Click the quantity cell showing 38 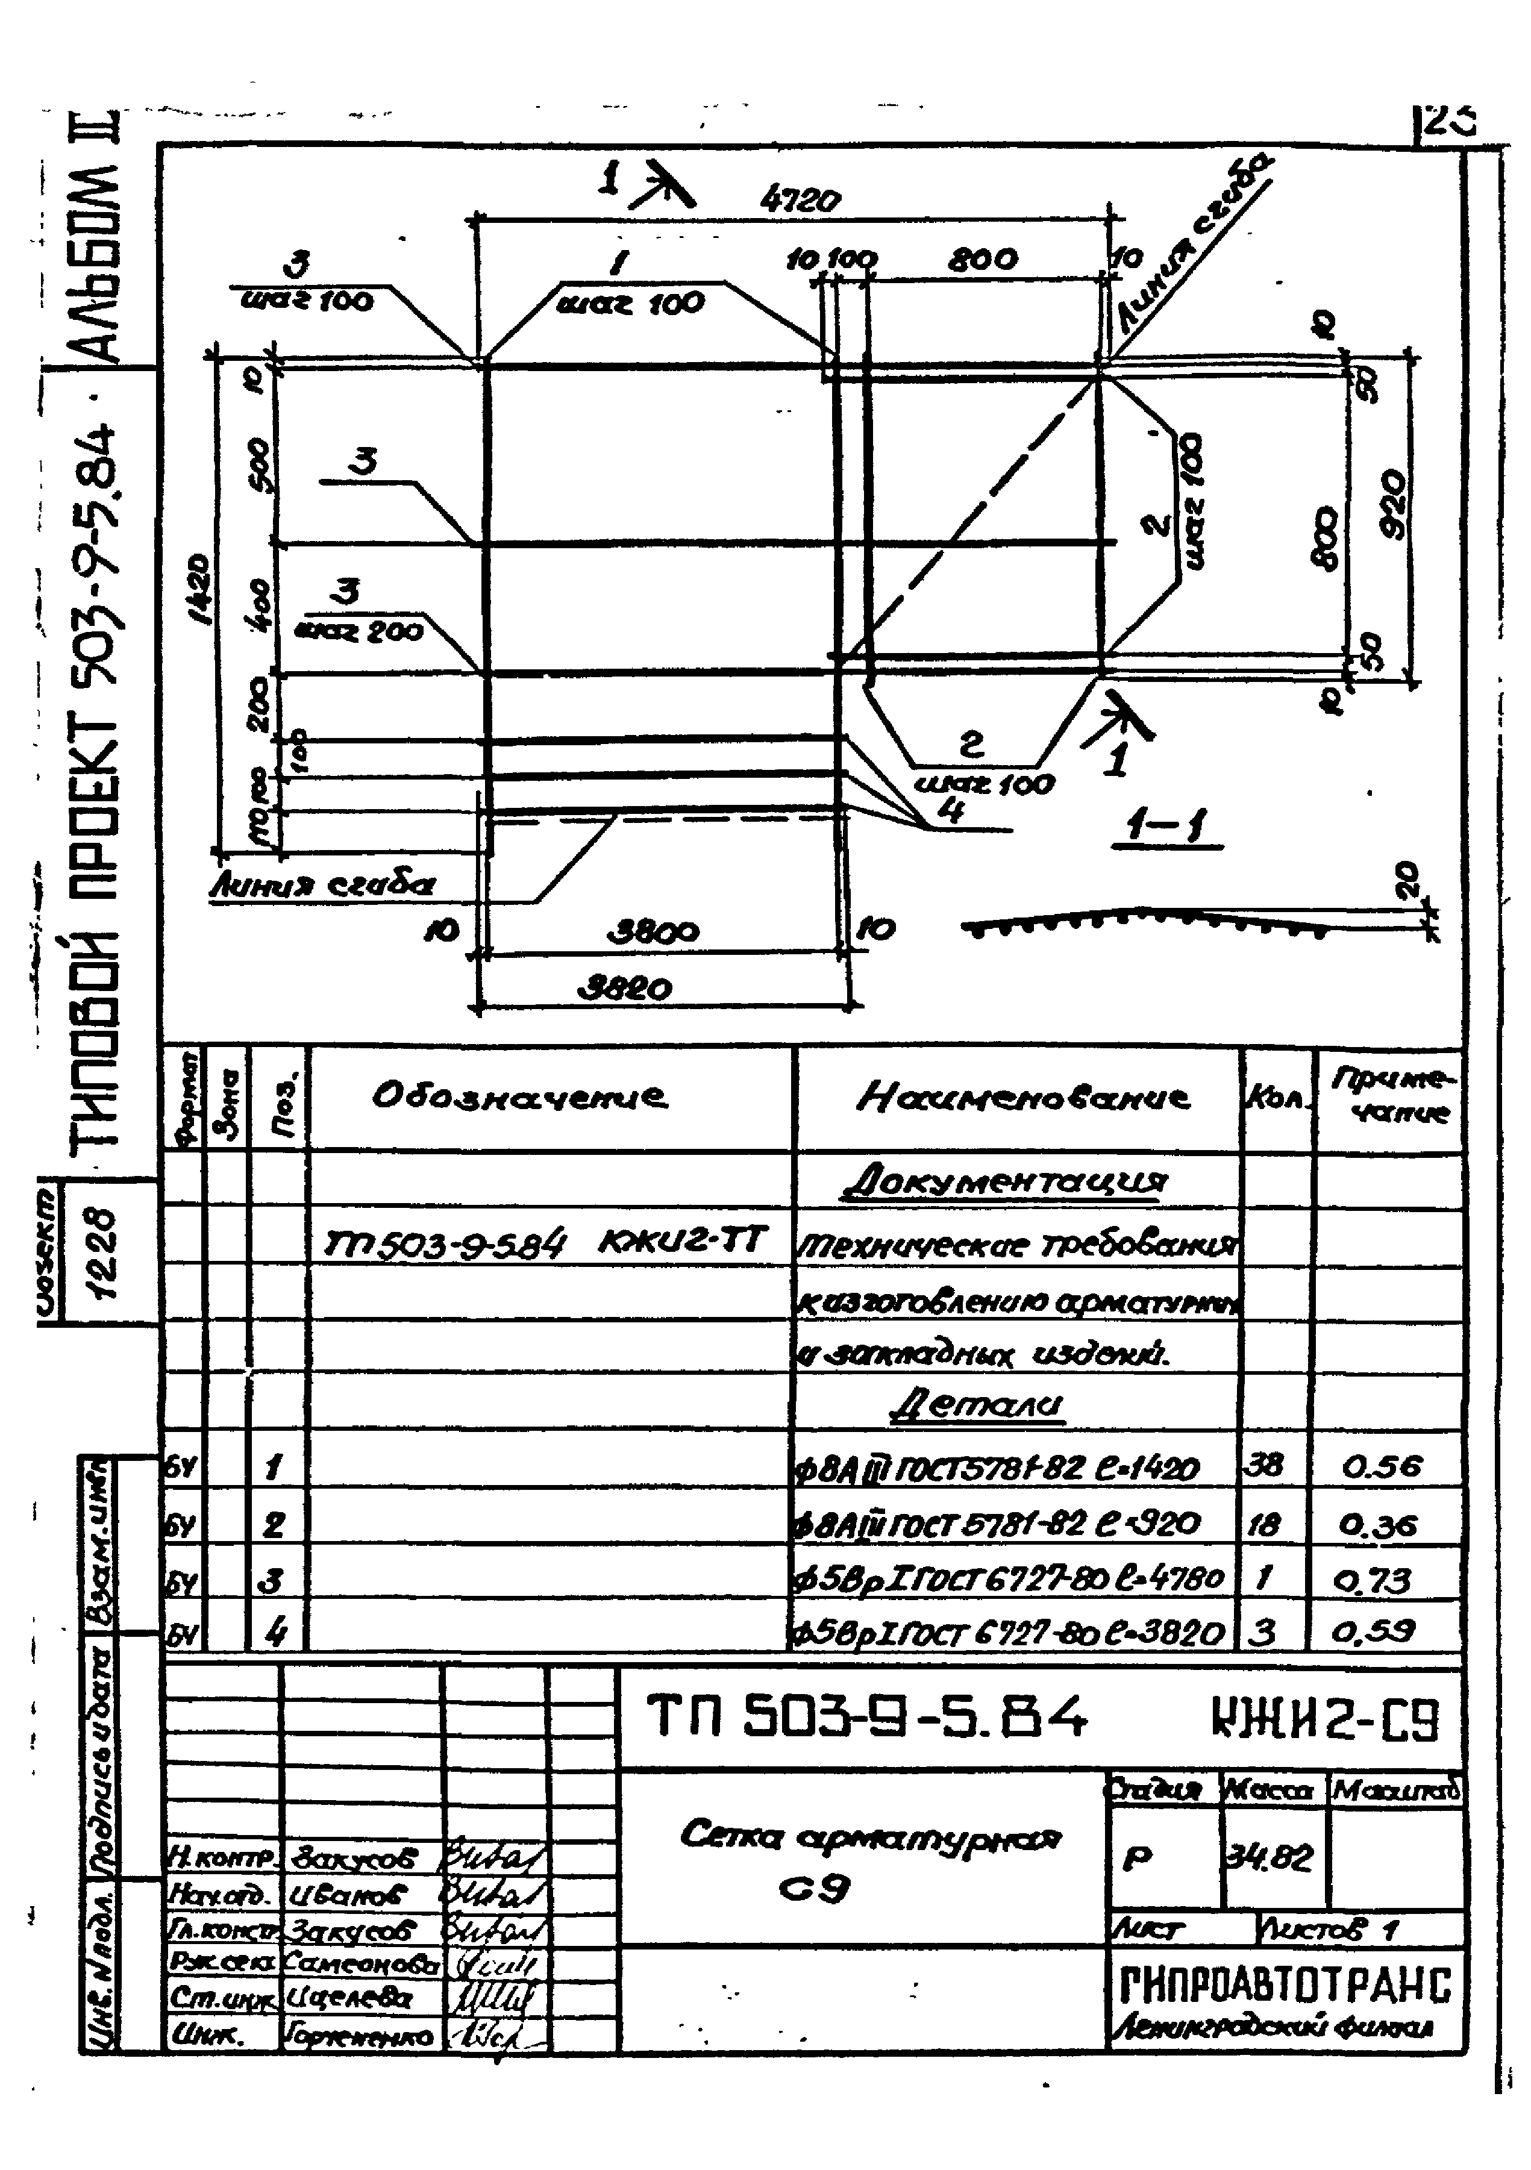point(1266,1465)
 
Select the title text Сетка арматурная point(871,1837)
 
